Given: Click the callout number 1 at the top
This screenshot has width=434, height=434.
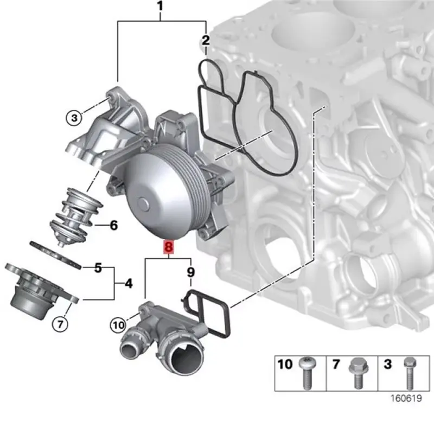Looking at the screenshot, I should [160, 7].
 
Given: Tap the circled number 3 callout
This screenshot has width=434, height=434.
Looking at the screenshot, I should [73, 116].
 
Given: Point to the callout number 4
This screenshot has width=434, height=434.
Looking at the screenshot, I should [128, 283].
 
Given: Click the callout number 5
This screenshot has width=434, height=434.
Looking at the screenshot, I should [98, 267].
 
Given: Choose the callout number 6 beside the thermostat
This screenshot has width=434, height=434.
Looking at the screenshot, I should [113, 225].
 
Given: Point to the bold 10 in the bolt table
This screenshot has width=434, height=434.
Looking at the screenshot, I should [285, 363].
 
